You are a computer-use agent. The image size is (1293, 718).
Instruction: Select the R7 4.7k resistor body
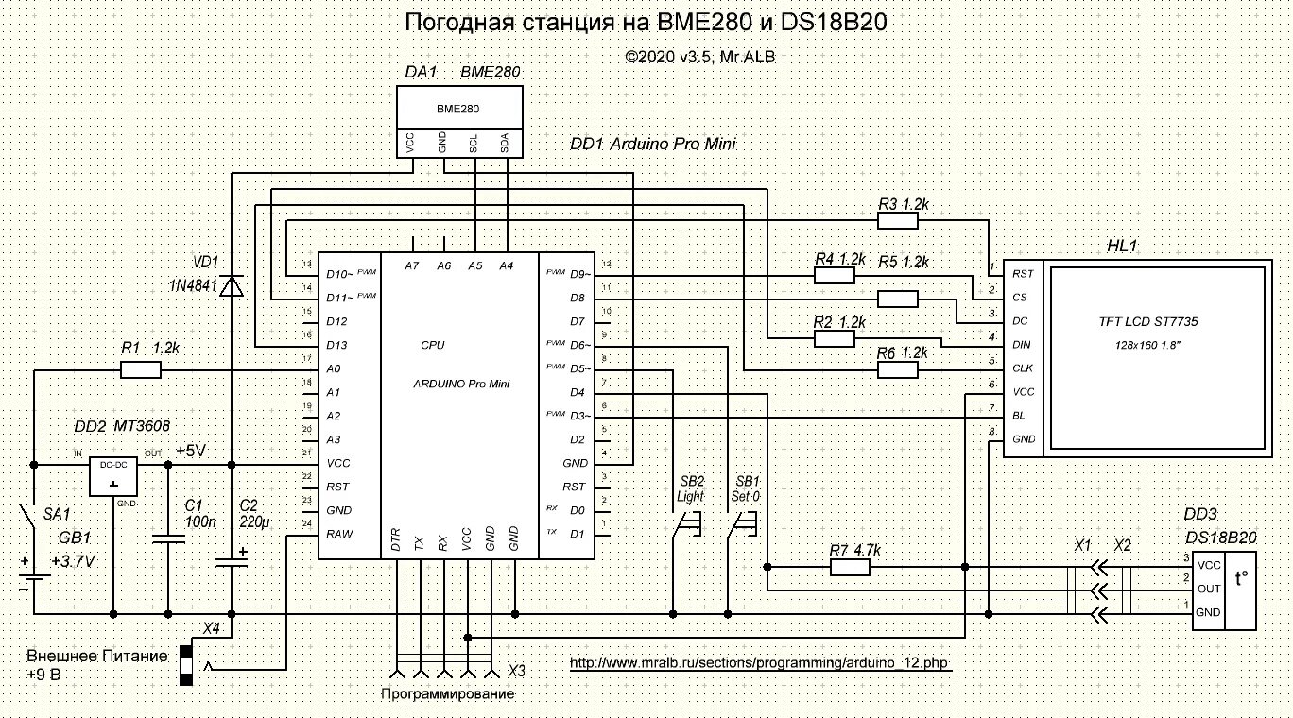849,567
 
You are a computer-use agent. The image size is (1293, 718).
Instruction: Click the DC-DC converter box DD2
113,477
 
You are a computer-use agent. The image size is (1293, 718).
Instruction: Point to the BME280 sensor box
458,109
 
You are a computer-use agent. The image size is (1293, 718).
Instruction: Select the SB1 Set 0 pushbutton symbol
743,524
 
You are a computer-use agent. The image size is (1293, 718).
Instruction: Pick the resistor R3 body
897,220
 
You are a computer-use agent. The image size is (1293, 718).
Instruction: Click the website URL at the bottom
759,663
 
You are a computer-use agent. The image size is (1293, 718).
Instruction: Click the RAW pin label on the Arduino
339,534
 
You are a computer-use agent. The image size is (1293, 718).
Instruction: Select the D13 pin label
336,345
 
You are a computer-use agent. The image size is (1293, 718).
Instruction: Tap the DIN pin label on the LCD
1022,345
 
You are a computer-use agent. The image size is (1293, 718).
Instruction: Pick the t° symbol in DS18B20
1240,582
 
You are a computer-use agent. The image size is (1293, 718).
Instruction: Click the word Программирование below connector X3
447,694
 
